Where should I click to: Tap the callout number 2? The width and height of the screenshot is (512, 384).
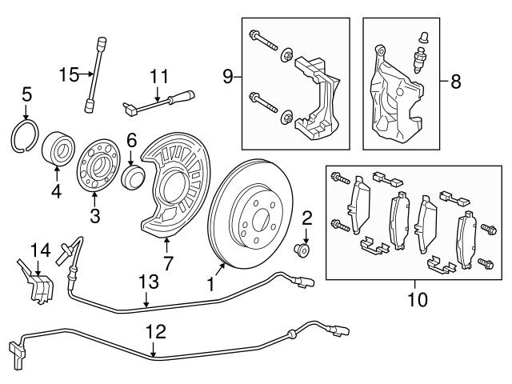pyautogui.click(x=306, y=216)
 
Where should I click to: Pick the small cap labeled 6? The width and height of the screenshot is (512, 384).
pyautogui.click(x=131, y=176)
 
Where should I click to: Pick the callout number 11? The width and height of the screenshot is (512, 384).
pyautogui.click(x=159, y=77)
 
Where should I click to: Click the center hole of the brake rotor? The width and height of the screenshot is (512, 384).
pyautogui.click(x=257, y=214)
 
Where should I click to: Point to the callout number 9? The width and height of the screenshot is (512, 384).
pyautogui.click(x=228, y=77)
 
